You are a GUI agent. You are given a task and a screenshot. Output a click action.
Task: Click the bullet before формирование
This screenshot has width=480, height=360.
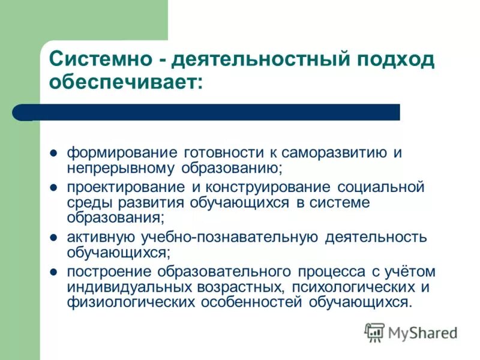tap(53, 152)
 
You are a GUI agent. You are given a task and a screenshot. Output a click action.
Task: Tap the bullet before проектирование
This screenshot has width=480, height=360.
tap(53, 187)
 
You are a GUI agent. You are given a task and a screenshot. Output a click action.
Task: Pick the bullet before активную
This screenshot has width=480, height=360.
tap(53, 238)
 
